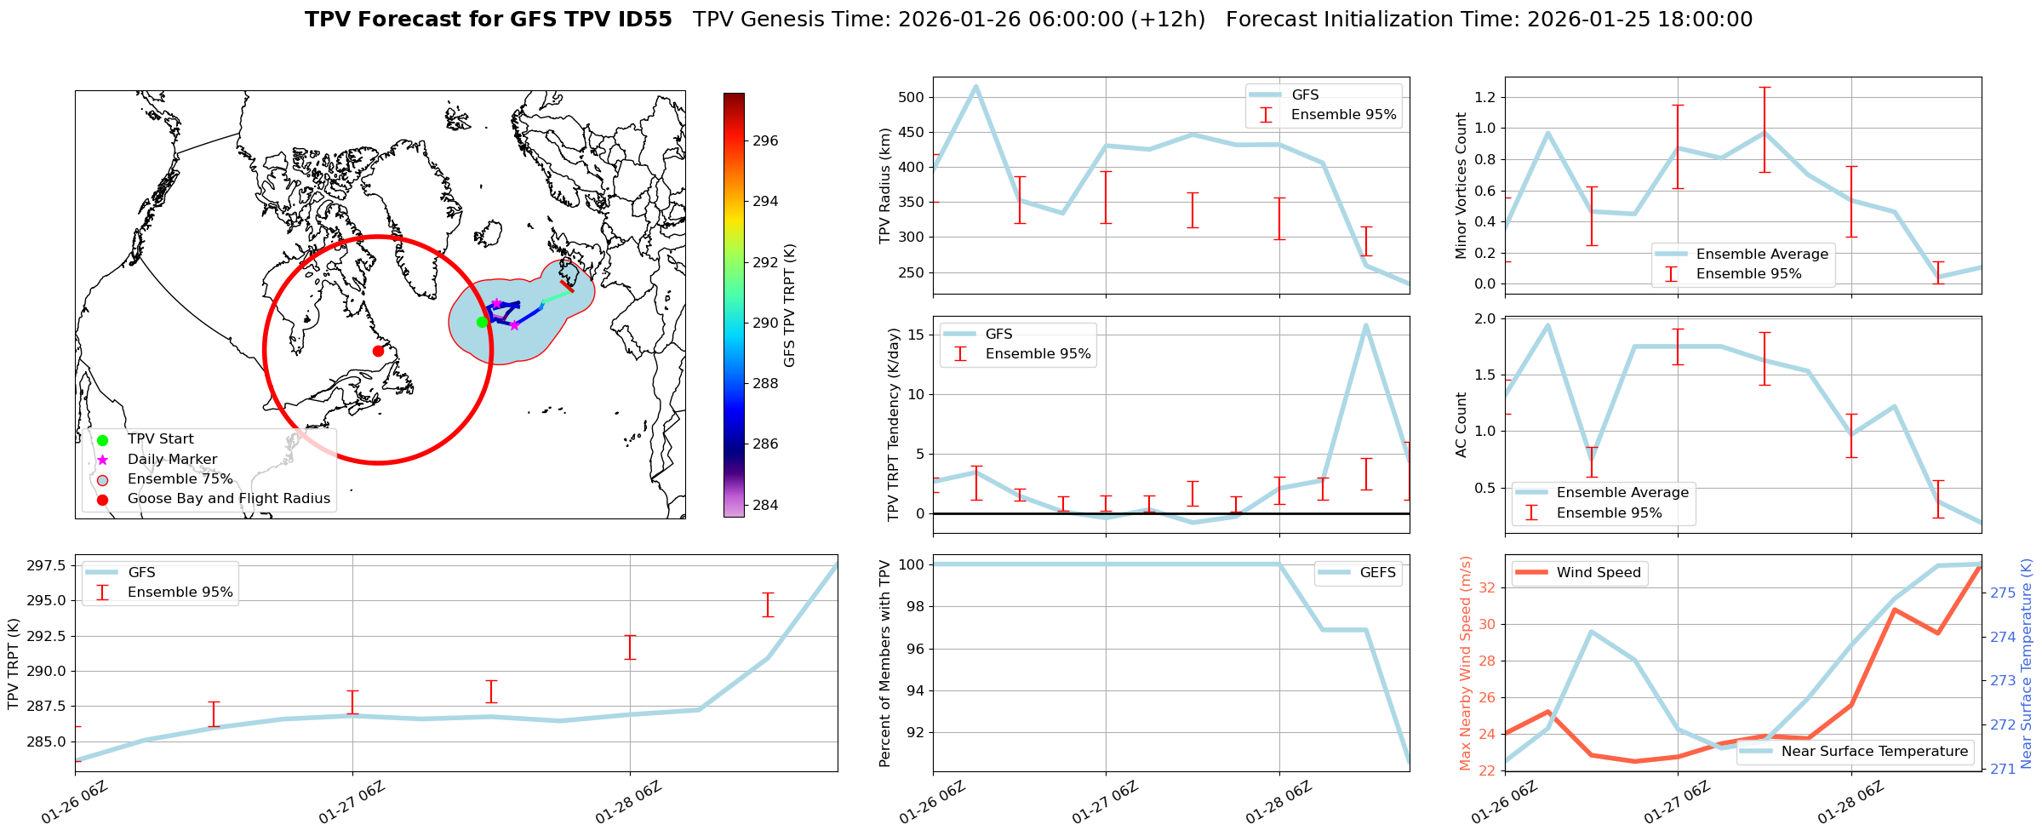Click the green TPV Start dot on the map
[482, 322]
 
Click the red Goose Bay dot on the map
[378, 351]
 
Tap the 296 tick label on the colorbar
[764, 141]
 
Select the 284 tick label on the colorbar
[764, 505]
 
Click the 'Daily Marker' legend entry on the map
[172, 459]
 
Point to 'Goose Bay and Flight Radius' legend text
[228, 499]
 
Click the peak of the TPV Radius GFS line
[975, 86]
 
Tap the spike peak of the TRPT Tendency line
[1365, 325]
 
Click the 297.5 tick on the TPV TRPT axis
[49, 565]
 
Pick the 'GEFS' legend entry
[1377, 573]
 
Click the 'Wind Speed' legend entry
[1598, 573]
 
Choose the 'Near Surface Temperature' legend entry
[1873, 751]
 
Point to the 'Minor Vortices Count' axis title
[1461, 186]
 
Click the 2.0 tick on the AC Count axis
[1484, 318]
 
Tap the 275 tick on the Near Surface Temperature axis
[2003, 593]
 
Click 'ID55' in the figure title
[642, 20]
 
